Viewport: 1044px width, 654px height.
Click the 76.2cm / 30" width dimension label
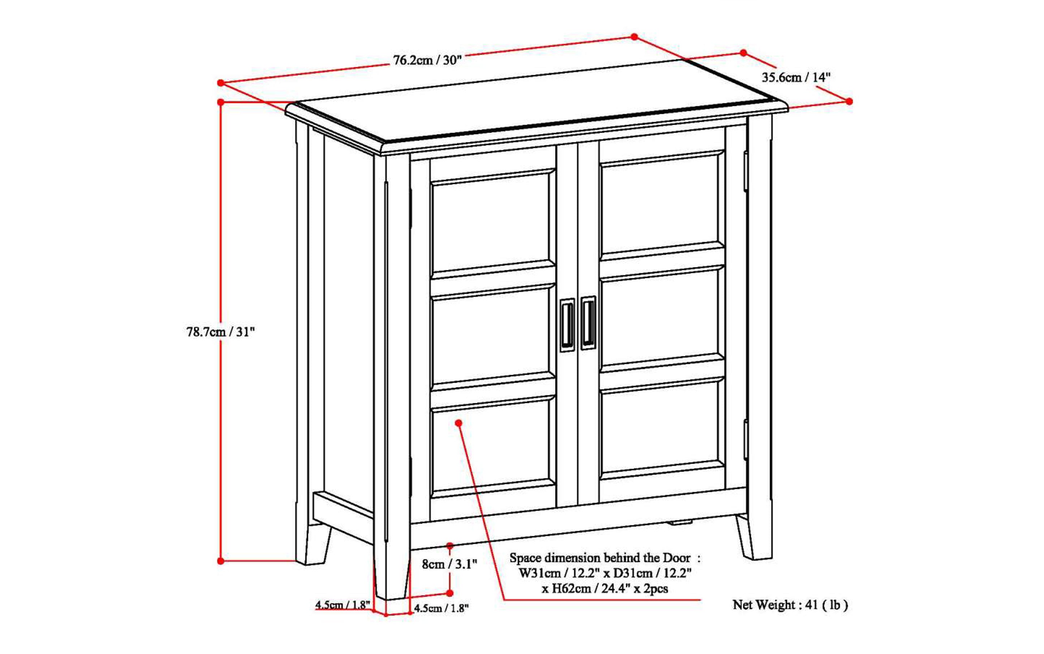point(427,60)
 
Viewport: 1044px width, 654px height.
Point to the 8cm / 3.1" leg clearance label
point(450,564)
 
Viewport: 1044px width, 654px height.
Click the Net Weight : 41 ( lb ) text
point(790,605)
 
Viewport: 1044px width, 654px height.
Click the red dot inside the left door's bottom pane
point(459,423)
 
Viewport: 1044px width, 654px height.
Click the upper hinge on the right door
point(746,171)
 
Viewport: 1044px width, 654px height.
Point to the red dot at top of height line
point(221,102)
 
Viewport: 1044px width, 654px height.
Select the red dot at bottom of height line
point(221,561)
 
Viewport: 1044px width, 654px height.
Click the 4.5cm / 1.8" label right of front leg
point(441,608)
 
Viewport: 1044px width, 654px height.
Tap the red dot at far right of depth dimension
point(849,101)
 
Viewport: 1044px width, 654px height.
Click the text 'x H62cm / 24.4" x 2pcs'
point(605,589)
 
